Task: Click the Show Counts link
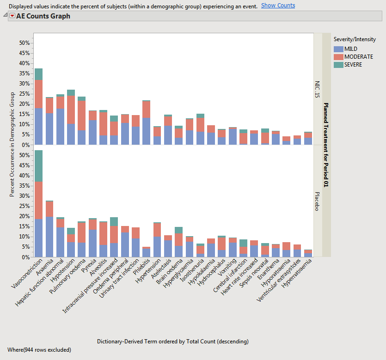click(x=278, y=6)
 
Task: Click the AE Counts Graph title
click(x=43, y=16)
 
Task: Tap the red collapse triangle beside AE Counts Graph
click(x=12, y=16)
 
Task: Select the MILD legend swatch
click(x=338, y=49)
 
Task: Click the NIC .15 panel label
click(x=317, y=88)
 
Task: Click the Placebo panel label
click(x=317, y=201)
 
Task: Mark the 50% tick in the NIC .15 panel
click(x=24, y=43)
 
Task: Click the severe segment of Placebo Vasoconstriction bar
click(x=38, y=166)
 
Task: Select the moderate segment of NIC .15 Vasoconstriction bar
click(x=38, y=94)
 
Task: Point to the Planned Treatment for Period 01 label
click(x=326, y=145)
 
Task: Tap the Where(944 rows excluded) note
click(x=40, y=350)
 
